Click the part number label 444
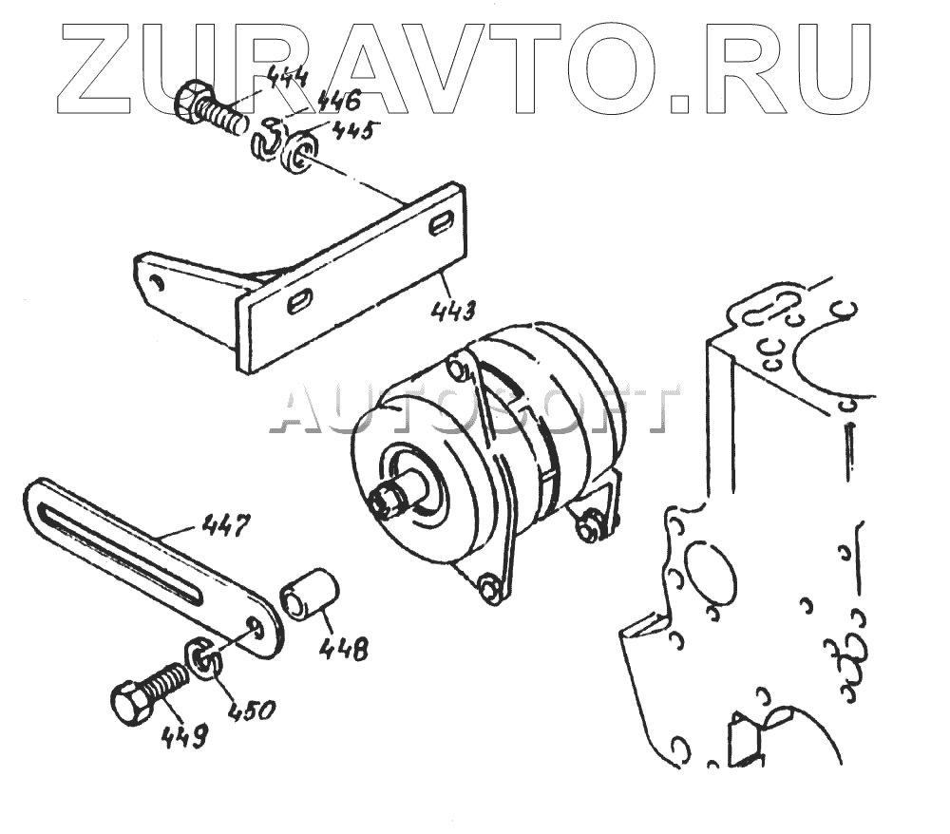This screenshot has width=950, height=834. point(286,77)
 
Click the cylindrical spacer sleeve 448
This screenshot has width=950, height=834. point(310,596)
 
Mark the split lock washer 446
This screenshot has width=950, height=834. point(267,139)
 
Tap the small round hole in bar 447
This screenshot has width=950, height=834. point(256,624)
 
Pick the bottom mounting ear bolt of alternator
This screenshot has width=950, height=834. point(489,590)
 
